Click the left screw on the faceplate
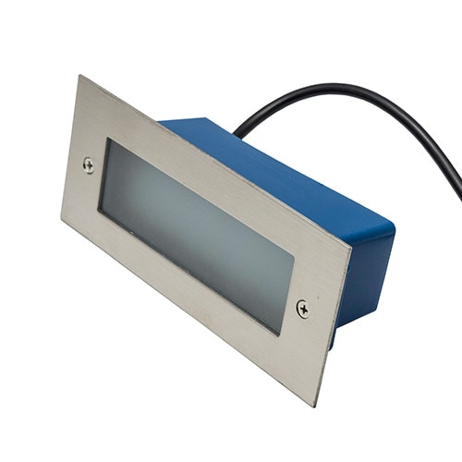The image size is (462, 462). coord(88,165)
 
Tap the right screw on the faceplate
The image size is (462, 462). coord(303,309)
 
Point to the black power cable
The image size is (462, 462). coord(370,97)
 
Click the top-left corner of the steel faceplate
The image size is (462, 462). coord(79,77)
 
